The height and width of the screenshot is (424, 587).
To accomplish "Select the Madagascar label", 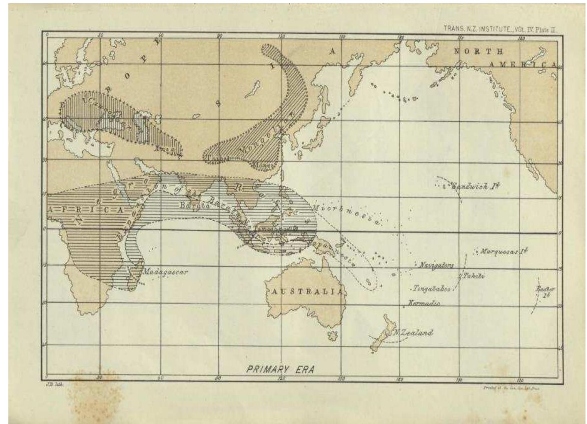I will tap(165, 272).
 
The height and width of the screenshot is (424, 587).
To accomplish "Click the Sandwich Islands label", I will tap(476, 186).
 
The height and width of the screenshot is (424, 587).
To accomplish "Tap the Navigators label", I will tap(436, 265).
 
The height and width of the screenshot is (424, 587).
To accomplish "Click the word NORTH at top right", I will tap(478, 52).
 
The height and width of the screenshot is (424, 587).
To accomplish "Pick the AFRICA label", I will tap(86, 210).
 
